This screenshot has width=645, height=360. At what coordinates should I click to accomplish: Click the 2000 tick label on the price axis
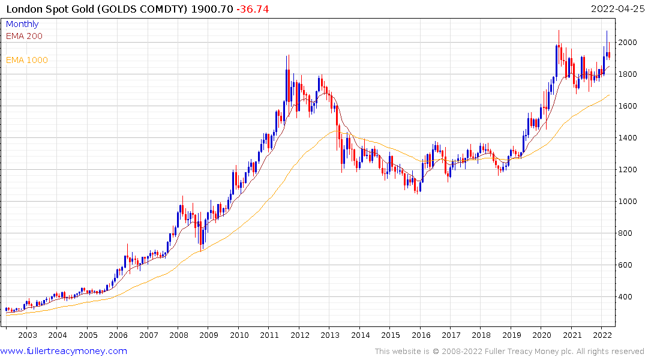tap(630, 43)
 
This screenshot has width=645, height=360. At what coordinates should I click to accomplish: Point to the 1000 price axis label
tap(630, 202)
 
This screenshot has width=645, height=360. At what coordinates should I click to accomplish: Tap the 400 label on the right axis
tap(628, 297)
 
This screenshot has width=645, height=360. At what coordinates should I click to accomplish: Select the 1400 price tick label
tap(630, 138)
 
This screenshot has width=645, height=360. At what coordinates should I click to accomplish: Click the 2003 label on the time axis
tap(28, 335)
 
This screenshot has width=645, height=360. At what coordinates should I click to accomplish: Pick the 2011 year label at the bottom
tap(269, 335)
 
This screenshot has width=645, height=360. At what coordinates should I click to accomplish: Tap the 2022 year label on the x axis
tap(602, 335)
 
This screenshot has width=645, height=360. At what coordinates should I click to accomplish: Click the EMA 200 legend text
tap(24, 36)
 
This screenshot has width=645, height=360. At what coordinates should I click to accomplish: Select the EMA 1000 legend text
tap(26, 60)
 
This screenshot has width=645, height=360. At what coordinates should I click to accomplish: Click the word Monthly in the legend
tap(22, 24)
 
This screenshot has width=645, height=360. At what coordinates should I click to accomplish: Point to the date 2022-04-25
tap(617, 10)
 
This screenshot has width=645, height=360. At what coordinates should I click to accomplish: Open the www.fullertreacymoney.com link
tap(64, 351)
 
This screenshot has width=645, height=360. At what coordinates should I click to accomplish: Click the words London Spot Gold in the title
tap(49, 10)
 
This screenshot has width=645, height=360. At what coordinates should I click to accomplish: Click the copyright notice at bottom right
tap(509, 351)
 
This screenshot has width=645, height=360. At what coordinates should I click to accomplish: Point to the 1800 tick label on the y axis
tap(630, 74)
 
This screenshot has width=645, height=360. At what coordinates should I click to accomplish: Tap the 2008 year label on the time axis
tap(179, 335)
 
